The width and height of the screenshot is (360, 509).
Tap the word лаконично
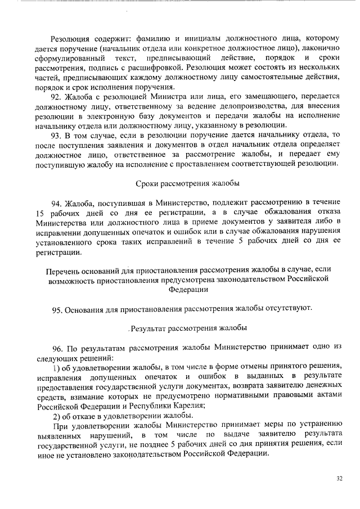point(319,49)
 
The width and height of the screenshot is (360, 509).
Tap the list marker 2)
point(57,415)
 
